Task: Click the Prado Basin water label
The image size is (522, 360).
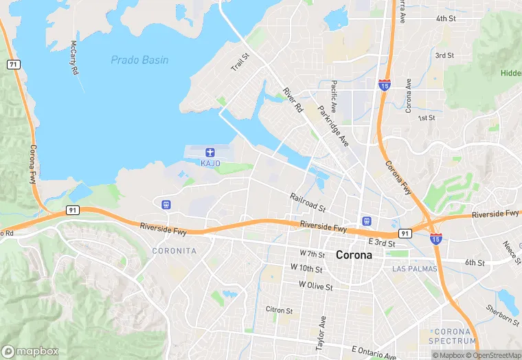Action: [x=139, y=60]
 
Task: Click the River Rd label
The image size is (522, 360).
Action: [x=293, y=100]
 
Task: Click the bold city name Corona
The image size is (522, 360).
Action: [x=354, y=255]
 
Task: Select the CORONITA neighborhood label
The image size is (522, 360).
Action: [x=174, y=251]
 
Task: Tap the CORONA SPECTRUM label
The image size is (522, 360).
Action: [x=452, y=336]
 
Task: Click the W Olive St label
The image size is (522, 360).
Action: [x=315, y=284]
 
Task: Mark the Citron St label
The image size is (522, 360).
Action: [x=280, y=310]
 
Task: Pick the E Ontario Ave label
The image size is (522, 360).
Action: [x=374, y=353]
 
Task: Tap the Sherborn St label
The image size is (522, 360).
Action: [x=501, y=314]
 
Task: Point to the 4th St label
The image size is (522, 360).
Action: [x=446, y=18]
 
